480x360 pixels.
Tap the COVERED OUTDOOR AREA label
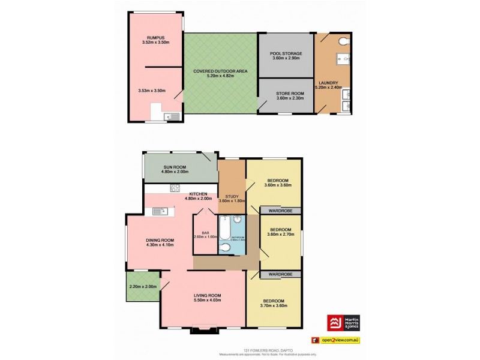click(x=220, y=71)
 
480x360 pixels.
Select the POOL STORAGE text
click(x=286, y=53)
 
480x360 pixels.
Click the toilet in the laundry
click(x=343, y=41)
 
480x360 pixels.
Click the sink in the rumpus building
click(x=174, y=116)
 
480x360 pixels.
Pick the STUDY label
click(x=232, y=196)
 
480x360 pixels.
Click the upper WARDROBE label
click(x=280, y=211)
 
